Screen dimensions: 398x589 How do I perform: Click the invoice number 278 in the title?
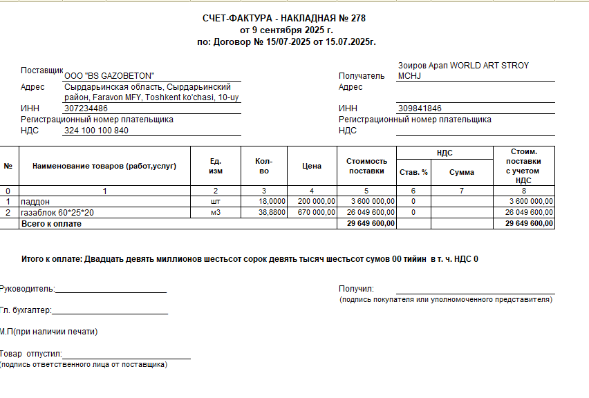[357, 19]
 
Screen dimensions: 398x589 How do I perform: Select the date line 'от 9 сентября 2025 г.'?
[286, 30]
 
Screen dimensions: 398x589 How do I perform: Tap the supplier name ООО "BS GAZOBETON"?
[109, 75]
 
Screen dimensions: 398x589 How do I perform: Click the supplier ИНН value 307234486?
[86, 108]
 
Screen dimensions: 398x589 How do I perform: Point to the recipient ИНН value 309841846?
[420, 108]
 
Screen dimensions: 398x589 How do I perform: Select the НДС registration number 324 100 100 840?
[96, 131]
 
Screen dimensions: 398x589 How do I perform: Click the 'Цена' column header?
[312, 166]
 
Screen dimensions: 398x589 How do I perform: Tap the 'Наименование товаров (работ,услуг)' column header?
[104, 166]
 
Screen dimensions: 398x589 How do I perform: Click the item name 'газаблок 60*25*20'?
[57, 212]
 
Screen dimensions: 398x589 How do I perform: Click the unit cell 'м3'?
[216, 212]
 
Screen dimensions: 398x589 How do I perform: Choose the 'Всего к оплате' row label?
[52, 224]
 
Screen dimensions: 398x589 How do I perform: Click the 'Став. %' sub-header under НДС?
[413, 171]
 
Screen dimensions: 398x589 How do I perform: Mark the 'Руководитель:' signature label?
[27, 289]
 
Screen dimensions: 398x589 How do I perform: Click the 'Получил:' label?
[356, 289]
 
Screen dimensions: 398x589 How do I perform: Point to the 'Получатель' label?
[361, 76]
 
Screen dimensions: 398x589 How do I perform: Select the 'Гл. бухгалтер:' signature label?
[26, 311]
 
